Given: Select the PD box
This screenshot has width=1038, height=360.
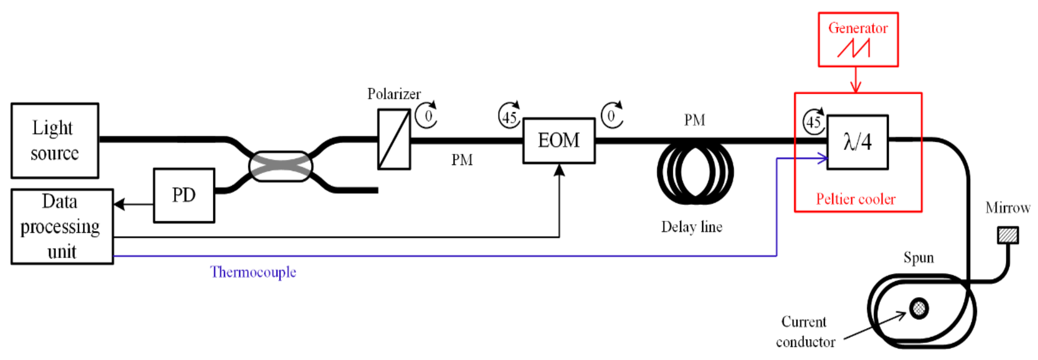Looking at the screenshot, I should [x=184, y=195].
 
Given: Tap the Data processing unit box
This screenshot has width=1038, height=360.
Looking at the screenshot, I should [x=62, y=227].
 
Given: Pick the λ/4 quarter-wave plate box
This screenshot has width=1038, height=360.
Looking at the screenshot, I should [x=858, y=142].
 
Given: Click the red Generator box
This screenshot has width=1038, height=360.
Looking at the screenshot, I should [x=858, y=40].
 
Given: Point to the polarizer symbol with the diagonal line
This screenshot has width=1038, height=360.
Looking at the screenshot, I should [x=394, y=139].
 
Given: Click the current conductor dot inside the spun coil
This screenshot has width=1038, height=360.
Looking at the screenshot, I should [x=919, y=309].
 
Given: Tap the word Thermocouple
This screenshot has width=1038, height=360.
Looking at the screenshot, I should [x=253, y=272].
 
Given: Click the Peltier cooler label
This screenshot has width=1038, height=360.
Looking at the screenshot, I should [x=856, y=199].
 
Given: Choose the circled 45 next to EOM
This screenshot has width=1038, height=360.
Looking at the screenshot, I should [x=509, y=116].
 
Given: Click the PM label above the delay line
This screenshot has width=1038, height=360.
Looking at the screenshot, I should [x=695, y=120].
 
